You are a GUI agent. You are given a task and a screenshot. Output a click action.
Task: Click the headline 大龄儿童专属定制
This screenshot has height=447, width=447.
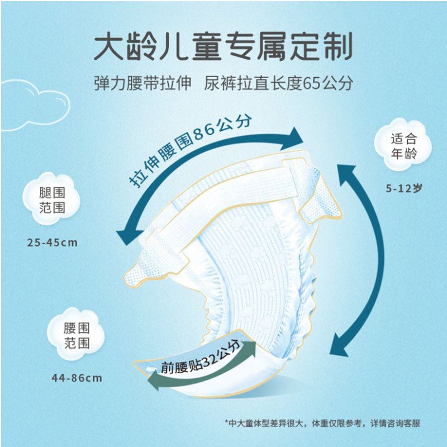pos(223,47)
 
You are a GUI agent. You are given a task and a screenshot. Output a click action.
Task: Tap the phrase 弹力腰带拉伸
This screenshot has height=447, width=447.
pos(142,83)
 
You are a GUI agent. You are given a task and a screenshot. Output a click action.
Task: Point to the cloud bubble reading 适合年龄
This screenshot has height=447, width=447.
pos(403,145)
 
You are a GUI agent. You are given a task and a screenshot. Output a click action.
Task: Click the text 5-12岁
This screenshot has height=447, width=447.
pos(403,188)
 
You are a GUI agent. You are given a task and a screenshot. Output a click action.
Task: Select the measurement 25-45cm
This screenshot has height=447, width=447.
pos(53,243)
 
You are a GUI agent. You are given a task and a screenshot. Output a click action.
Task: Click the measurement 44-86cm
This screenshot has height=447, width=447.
pos(77,378)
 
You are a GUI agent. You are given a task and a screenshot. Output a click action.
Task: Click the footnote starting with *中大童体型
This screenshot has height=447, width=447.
pos(322,424)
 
